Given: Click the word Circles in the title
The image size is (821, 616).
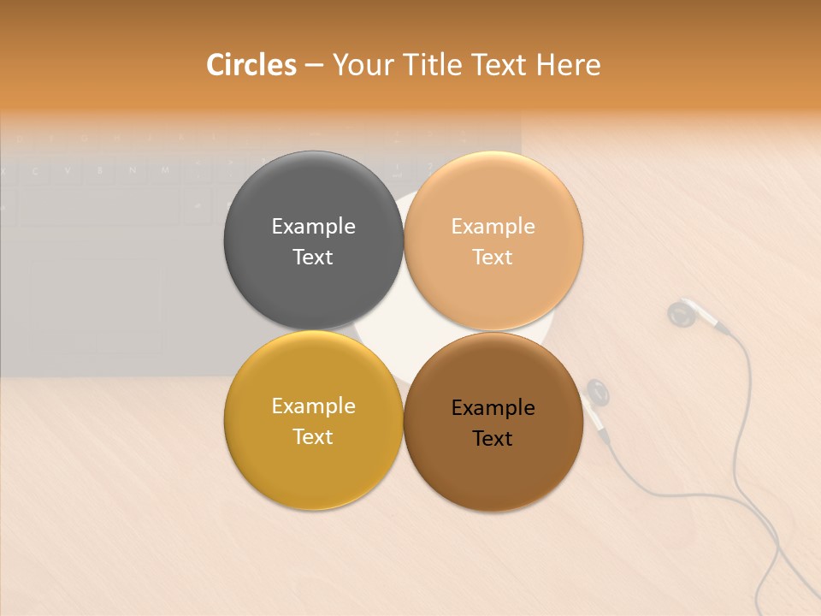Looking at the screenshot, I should click(251, 65).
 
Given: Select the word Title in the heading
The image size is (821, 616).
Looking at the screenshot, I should click(436, 65).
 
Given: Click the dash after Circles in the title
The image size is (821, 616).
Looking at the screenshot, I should click(314, 65).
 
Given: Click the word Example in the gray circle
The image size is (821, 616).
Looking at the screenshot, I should click(313, 226).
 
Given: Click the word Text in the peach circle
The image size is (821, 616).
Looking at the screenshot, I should click(493, 257).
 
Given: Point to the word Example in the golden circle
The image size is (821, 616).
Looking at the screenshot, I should click(313, 406).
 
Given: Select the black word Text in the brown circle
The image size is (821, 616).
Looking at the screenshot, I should click(493, 438).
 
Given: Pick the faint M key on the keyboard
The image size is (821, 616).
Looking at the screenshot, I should click(164, 170).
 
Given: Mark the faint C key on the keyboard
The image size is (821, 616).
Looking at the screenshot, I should click(34, 170).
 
